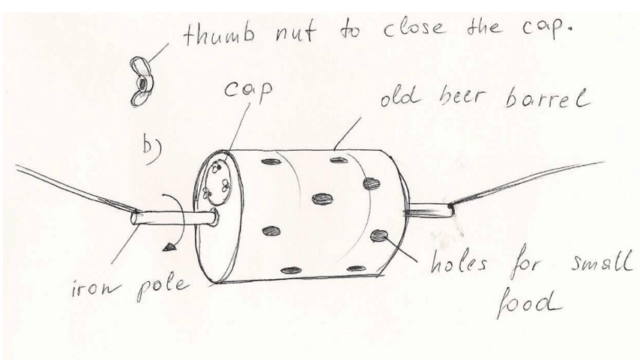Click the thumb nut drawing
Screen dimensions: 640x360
click(x=142, y=81)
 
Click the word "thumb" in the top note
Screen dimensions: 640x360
click(x=219, y=34)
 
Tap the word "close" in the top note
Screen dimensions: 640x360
click(x=413, y=28)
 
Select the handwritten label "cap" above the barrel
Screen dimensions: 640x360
click(x=248, y=91)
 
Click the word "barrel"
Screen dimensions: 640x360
click(x=547, y=98)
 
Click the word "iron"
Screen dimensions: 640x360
click(x=97, y=289)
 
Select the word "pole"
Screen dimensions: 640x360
click(x=163, y=286)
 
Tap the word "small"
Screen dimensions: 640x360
click(x=602, y=262)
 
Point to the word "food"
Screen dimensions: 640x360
click(x=528, y=301)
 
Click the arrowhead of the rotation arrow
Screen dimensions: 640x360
click(x=169, y=247)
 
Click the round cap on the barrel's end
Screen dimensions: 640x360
click(x=217, y=182)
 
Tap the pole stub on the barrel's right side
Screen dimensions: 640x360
click(x=429, y=210)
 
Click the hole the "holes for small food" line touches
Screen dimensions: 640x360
click(x=379, y=235)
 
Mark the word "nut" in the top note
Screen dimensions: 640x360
click(x=295, y=31)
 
